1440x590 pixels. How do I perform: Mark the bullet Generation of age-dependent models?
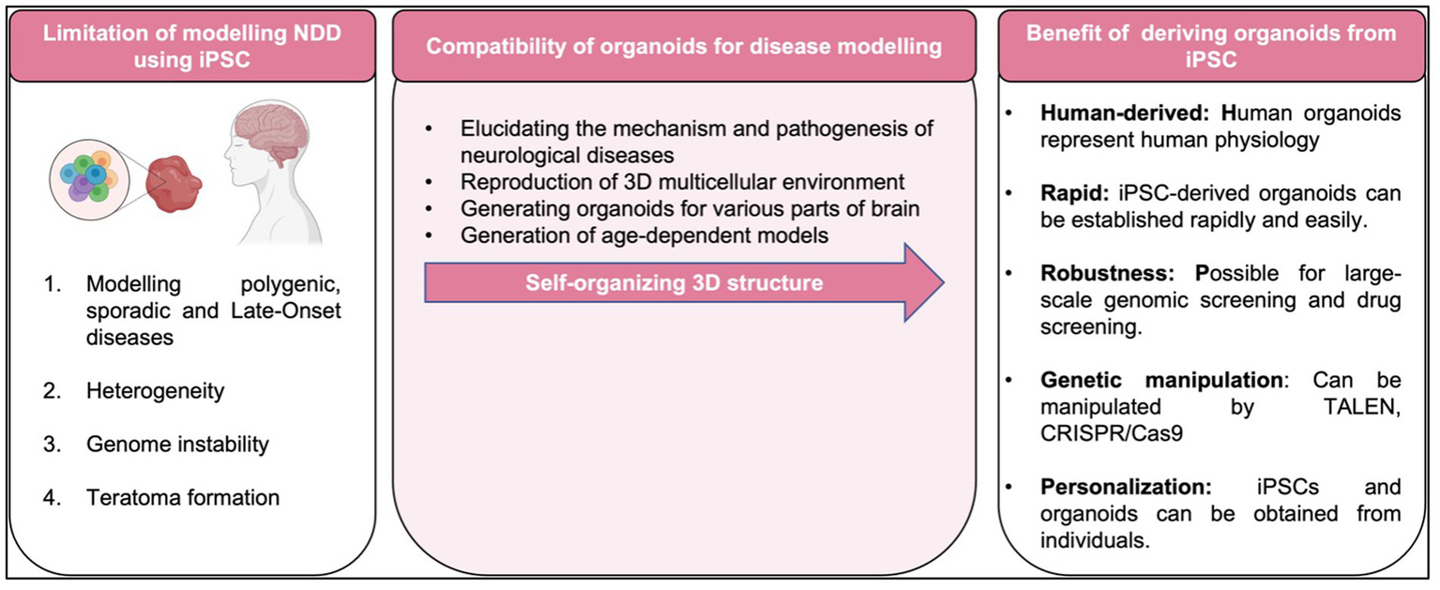644,235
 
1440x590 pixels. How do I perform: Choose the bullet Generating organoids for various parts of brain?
690,208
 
